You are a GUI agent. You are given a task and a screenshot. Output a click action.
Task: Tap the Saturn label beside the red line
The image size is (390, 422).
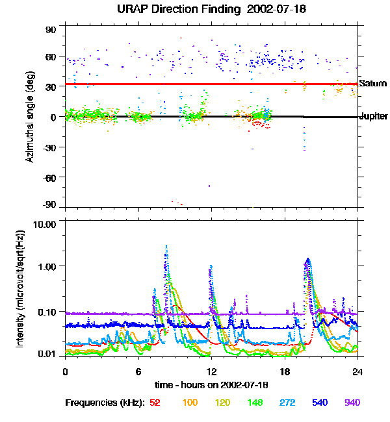373,84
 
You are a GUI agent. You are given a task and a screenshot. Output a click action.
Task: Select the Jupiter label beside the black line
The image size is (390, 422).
374,117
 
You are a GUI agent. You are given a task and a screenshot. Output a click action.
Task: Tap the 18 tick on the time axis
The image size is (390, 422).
284,371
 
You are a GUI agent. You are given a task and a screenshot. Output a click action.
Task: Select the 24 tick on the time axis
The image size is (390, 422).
357,371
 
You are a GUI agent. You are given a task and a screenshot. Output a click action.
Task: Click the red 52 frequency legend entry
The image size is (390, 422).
155,403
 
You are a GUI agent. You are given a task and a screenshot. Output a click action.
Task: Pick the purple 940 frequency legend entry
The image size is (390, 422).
352,403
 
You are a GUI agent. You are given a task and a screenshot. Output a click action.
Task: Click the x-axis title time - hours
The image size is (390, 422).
211,385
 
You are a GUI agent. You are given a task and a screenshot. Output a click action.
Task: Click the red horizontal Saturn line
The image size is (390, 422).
195,84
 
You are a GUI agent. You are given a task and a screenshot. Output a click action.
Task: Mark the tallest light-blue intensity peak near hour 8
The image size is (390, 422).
166,247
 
